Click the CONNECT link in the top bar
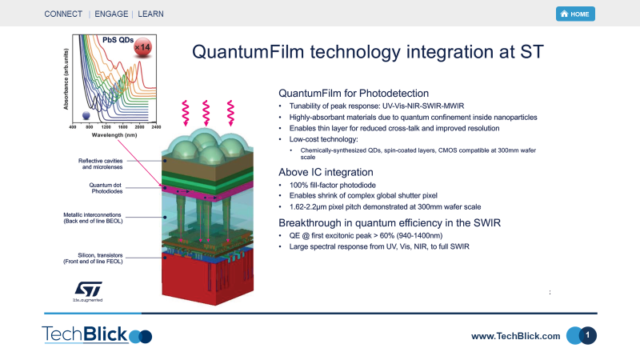click(63, 14)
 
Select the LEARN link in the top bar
click(151, 14)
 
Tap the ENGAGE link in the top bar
click(112, 14)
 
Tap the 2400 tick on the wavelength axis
click(156, 127)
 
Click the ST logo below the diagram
click(85, 290)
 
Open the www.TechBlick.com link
click(515, 336)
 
